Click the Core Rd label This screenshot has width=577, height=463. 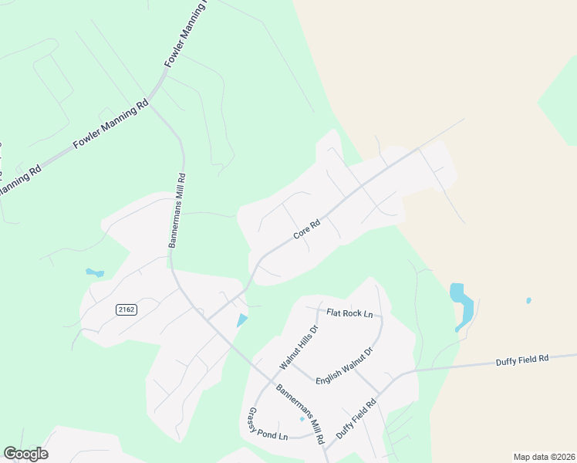[x=306, y=230]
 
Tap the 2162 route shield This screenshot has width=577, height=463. [x=127, y=309]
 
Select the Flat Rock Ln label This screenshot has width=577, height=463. [x=349, y=313]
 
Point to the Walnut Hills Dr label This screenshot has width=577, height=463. [x=299, y=346]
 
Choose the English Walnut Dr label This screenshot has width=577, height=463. [x=344, y=364]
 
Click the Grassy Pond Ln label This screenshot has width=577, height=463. [x=268, y=424]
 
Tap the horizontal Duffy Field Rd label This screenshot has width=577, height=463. [x=521, y=360]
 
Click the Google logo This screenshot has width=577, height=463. [x=25, y=454]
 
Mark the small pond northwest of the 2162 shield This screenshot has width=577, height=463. [x=94, y=272]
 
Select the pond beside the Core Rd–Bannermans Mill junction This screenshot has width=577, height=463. [x=242, y=319]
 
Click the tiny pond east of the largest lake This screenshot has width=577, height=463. [x=528, y=300]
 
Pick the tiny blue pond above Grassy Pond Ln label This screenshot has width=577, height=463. [x=302, y=419]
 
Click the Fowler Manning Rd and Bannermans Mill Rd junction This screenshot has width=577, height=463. [x=151, y=101]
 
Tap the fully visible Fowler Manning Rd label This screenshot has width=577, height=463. [x=110, y=124]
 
